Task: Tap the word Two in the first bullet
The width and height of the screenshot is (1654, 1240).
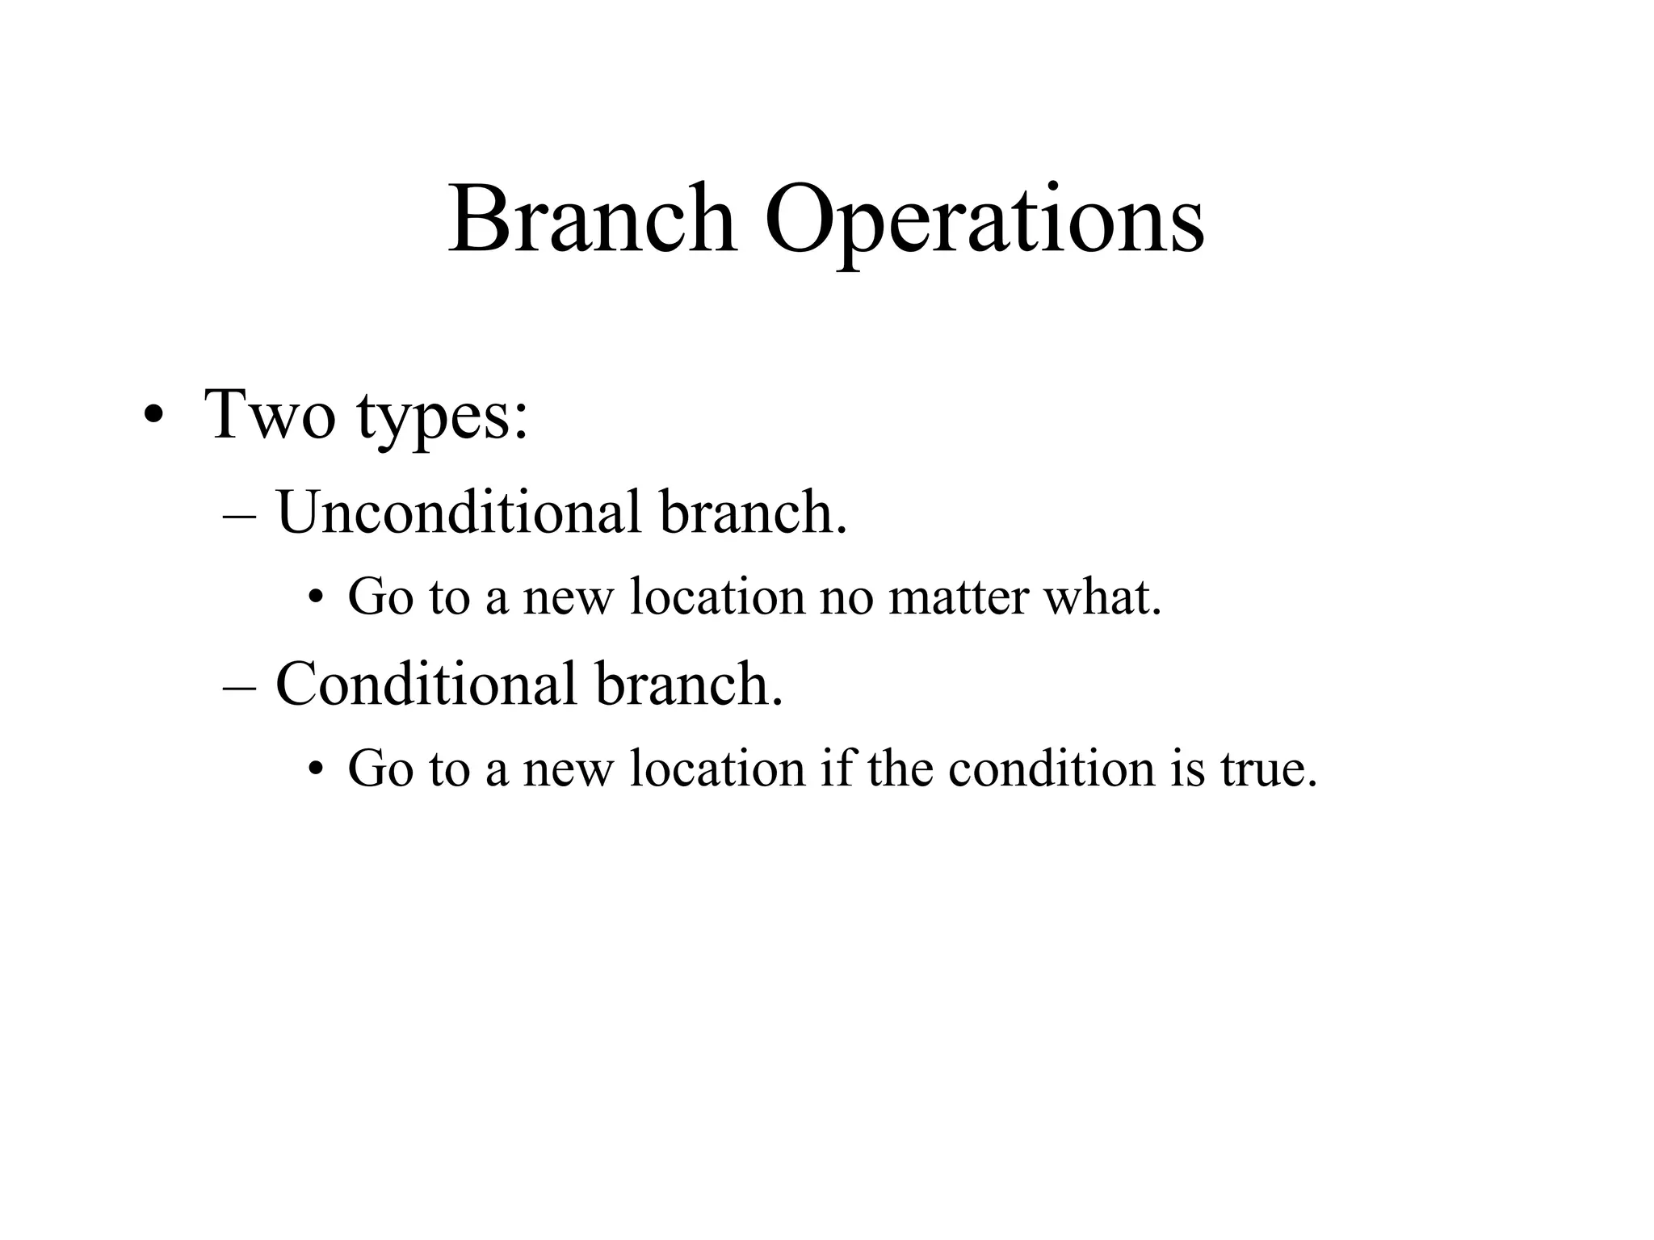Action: pos(270,414)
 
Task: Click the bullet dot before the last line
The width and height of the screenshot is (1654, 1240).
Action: pos(315,770)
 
